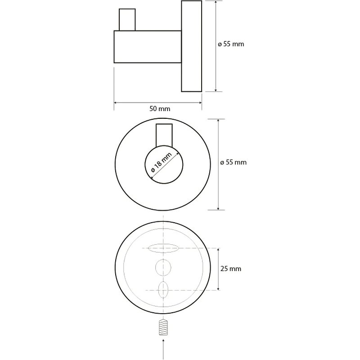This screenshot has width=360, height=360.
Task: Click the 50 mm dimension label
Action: coord(160,108)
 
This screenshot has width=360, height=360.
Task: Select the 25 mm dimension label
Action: coord(231,269)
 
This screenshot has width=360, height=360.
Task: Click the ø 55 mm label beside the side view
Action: coord(231,44)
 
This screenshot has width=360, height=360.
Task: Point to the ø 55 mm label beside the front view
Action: coord(233,162)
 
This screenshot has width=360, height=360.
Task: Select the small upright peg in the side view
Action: coord(127,20)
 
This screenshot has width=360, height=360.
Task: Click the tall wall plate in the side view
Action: coord(192,46)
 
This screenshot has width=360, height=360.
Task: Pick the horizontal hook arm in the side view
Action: coord(148,47)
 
